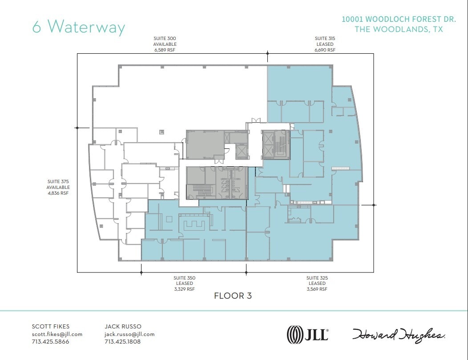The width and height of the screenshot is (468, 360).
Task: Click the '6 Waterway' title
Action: [78, 26]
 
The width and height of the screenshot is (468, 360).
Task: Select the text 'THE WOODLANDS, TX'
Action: [398, 29]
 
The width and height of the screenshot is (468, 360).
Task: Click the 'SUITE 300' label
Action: [165, 39]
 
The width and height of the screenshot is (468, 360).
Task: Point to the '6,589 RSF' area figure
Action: [165, 50]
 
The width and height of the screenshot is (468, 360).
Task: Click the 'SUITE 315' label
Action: [325, 39]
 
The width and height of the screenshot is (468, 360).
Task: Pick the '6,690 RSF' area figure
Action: [325, 50]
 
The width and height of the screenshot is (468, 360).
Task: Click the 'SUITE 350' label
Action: [184, 278]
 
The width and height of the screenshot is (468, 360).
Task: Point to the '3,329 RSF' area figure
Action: [184, 289]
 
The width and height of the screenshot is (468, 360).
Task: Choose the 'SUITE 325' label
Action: [317, 278]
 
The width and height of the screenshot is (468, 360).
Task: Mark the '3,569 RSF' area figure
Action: [317, 289]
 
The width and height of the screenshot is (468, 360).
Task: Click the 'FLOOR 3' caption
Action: [233, 296]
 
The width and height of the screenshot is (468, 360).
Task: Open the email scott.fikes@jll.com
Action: [57, 334]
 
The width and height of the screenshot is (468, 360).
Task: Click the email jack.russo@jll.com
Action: [129, 334]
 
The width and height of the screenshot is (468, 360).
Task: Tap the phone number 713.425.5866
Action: [50, 342]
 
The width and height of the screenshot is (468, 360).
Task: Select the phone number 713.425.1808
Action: [123, 342]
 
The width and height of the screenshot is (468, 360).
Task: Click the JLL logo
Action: [308, 334]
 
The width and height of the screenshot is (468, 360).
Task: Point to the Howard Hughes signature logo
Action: [399, 334]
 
